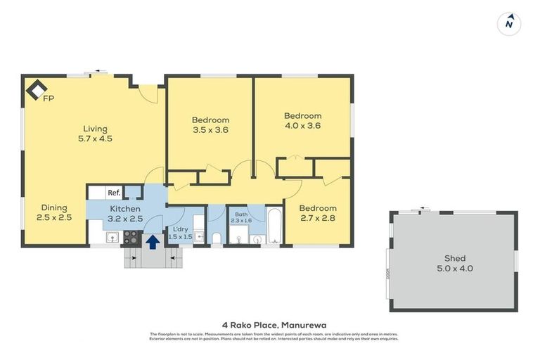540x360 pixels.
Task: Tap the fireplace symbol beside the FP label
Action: click(x=36, y=89)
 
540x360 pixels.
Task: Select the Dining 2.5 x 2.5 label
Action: click(x=53, y=212)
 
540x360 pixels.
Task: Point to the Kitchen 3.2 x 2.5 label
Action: click(x=125, y=214)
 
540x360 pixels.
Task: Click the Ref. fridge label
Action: click(x=114, y=193)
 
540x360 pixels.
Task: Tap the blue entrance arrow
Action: click(x=153, y=242)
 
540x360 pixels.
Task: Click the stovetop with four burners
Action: click(x=132, y=238)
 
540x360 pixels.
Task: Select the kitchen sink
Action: click(x=110, y=238)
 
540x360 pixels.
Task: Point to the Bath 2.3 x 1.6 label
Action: click(x=241, y=217)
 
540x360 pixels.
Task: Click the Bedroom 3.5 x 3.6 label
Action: click(x=210, y=124)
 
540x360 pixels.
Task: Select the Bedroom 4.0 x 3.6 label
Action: click(x=302, y=121)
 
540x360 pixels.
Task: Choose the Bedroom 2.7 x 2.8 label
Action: click(x=318, y=213)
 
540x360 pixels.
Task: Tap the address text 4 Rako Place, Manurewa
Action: click(x=270, y=324)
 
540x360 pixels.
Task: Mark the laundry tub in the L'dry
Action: click(x=199, y=238)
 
